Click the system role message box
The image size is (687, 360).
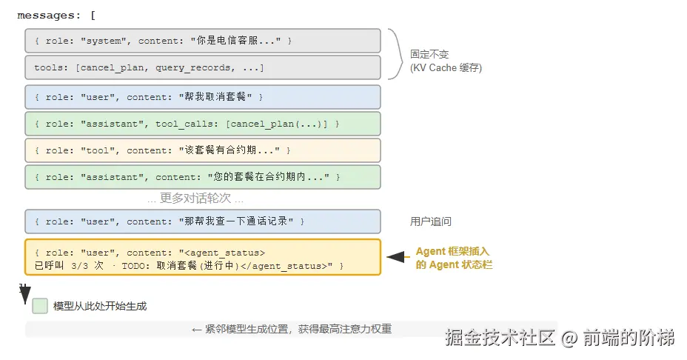[203, 41]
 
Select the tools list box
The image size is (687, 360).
[203, 67]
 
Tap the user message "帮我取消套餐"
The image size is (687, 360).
[203, 97]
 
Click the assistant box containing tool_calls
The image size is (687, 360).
[203, 124]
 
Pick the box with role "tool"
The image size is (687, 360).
[203, 150]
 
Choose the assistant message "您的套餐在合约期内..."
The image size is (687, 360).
[203, 177]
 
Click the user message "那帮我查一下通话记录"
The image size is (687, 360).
[203, 221]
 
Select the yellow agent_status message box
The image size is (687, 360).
[203, 257]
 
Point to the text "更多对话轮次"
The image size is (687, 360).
[195, 199]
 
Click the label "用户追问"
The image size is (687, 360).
[431, 221]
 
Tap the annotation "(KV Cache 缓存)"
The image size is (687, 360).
[446, 68]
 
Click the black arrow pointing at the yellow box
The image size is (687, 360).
[398, 257]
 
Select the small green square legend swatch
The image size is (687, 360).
[40, 306]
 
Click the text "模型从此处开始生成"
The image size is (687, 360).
[100, 306]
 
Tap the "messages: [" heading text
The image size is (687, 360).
[56, 16]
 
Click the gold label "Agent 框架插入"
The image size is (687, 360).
[452, 251]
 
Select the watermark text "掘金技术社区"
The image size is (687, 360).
[500, 338]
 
